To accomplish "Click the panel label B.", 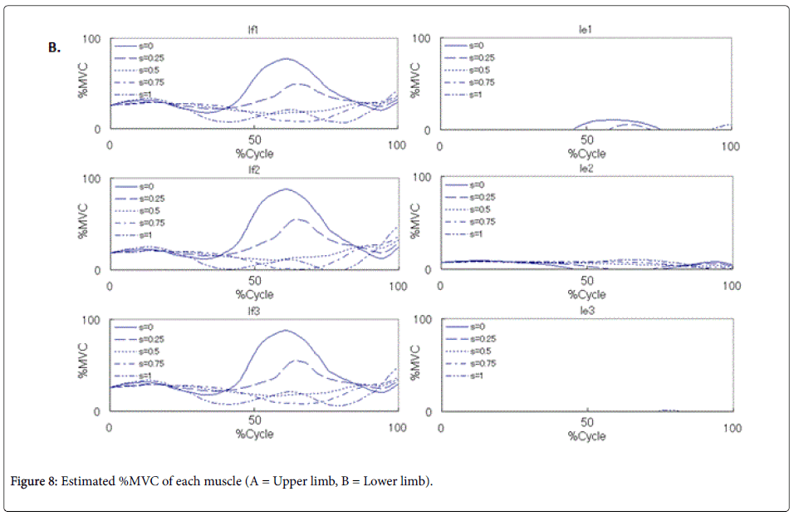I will point(54,48).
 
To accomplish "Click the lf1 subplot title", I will point(254,30).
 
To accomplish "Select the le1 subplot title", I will point(586,30).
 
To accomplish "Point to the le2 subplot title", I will point(586,170).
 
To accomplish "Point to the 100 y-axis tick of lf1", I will point(92,39).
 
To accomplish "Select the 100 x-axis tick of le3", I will point(732,427).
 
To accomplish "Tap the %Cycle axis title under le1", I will point(586,154).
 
